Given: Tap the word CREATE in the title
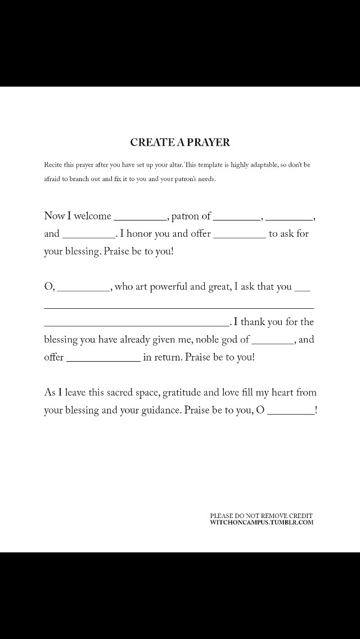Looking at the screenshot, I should [x=150, y=142].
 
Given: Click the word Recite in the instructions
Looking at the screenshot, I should [x=53, y=165].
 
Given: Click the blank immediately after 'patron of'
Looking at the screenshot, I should [x=237, y=217].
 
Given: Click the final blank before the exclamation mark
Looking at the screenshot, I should [x=291, y=412].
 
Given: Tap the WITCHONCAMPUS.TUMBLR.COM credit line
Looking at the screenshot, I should [x=262, y=522].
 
